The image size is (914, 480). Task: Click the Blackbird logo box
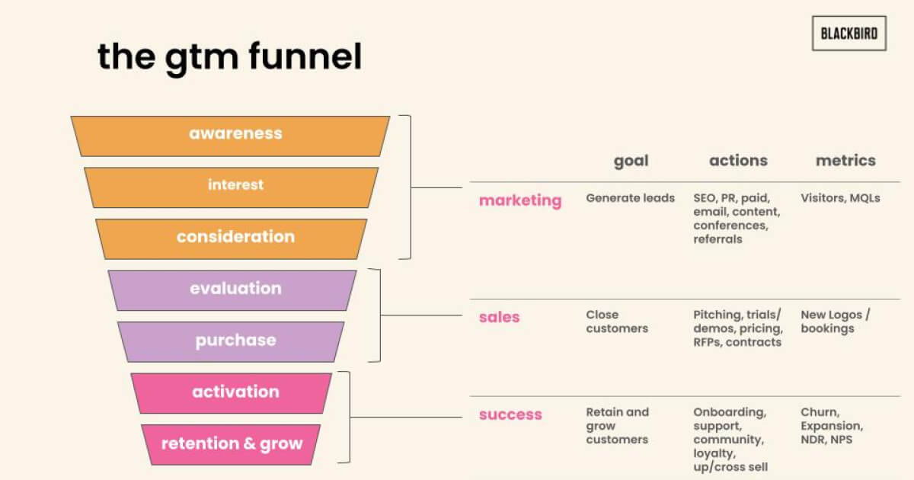coord(849,34)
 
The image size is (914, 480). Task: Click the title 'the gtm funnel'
coord(230,58)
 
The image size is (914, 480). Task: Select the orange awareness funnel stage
coord(230,136)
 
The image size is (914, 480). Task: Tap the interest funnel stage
coord(232,187)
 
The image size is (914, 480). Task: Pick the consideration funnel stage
coord(232,239)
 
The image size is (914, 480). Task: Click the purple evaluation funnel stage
coord(232,290)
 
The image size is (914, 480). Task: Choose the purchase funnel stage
coord(231,342)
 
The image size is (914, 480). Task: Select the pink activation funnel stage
coord(232,393)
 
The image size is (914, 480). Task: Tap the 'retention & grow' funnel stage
coord(231,445)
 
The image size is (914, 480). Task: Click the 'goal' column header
coord(631,162)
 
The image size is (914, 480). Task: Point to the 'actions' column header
coord(738,161)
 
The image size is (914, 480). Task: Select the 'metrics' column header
coord(845,161)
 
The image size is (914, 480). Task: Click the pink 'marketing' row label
coord(520,200)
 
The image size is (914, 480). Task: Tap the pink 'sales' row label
coord(500,317)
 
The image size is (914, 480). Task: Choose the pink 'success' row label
coord(510,414)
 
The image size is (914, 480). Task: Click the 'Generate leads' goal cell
coord(631,198)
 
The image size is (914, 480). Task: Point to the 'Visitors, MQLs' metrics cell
coord(840,198)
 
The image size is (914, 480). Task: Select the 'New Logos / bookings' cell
coord(836,322)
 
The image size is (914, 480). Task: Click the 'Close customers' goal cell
coord(617,322)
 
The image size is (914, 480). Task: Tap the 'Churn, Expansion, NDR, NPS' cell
coord(832,426)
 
